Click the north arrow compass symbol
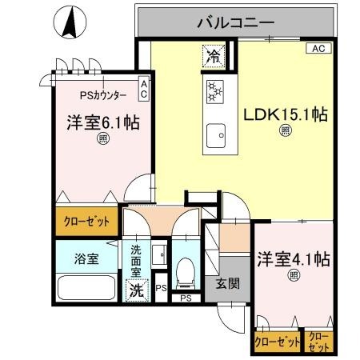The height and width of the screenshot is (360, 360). [71, 22]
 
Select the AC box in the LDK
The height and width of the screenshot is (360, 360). [318, 49]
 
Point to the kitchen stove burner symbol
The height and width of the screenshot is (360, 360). [214, 92]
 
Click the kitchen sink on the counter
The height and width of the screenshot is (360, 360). [214, 135]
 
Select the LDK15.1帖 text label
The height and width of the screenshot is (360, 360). [285, 114]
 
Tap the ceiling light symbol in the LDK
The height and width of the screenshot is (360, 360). [285, 133]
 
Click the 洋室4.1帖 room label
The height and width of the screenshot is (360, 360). [294, 259]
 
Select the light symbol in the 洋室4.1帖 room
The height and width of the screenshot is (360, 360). [294, 276]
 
